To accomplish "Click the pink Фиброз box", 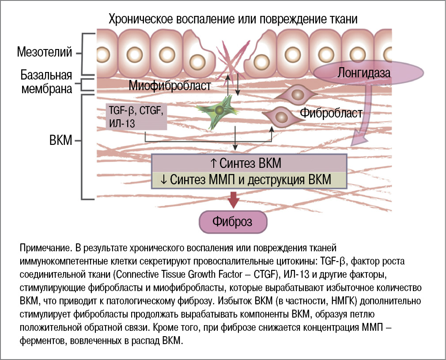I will point(233,221).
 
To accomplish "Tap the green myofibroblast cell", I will point(219,110).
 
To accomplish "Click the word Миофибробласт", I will point(170,85).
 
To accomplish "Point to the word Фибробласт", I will point(331,113).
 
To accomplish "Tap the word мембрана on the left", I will point(47,88).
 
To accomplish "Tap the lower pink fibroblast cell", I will point(281,116).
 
